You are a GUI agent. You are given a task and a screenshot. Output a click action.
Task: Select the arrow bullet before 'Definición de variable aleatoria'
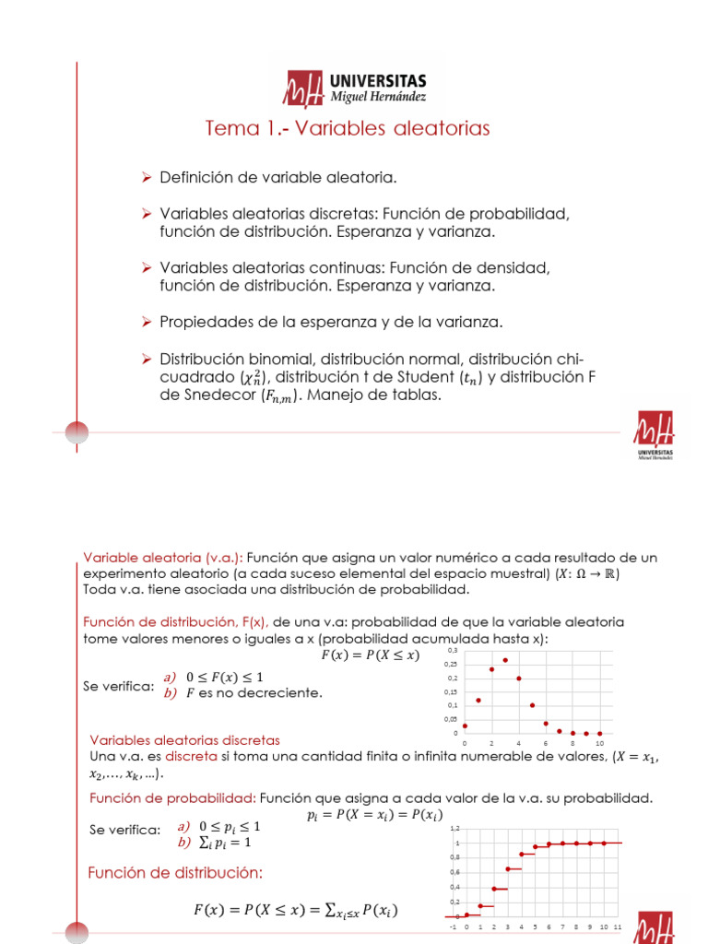click(145, 176)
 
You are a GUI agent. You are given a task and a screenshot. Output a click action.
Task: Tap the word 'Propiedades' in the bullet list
click(201, 322)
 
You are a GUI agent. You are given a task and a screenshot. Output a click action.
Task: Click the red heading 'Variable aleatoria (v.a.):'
click(162, 558)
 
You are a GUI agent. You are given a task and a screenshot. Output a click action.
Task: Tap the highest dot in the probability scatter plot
click(505, 660)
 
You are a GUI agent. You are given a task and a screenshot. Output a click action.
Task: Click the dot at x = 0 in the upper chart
click(465, 726)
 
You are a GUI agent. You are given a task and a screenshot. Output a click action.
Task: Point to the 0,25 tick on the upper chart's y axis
click(451, 665)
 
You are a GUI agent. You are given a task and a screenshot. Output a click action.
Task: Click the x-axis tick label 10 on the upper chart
click(599, 743)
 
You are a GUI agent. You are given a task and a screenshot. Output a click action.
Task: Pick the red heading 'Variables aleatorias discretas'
click(184, 739)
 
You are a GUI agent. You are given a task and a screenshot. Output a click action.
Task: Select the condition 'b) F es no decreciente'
click(243, 693)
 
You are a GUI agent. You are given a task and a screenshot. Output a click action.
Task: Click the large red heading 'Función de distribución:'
click(175, 872)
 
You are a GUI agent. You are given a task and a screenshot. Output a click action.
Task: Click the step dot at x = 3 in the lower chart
click(507, 868)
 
